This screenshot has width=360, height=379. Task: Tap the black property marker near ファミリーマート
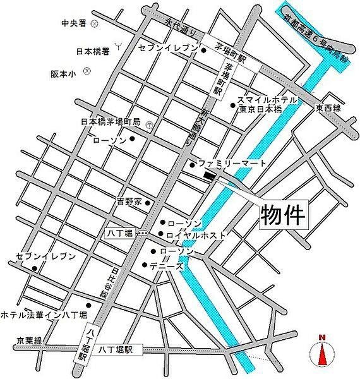[x=209, y=177]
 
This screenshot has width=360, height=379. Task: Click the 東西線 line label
[x=328, y=109]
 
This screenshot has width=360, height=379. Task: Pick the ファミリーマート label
[x=228, y=164]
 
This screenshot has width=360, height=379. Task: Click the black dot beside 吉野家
[x=147, y=203]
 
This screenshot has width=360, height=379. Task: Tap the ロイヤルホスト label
[x=196, y=234]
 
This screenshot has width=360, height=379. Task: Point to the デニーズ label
[x=166, y=266]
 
